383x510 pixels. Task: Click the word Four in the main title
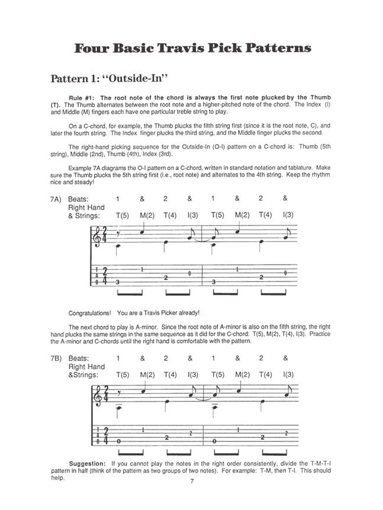pos(95,48)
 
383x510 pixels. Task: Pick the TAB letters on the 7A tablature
pos(98,276)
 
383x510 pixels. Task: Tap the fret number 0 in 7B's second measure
pos(215,441)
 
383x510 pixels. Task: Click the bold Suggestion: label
pos(87,463)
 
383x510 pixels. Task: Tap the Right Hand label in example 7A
pos(86,207)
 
